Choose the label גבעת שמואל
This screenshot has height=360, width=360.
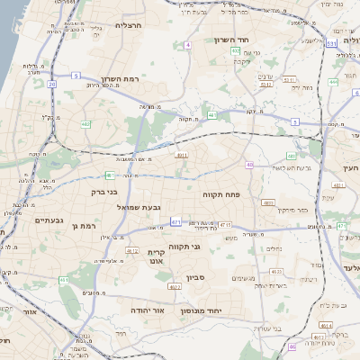[139, 207]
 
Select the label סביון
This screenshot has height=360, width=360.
[196, 277]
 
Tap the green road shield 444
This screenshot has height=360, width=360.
[332, 82]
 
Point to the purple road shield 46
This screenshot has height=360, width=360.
[292, 346]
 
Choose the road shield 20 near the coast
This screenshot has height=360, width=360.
[52, 85]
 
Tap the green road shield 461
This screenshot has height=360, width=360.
[64, 281]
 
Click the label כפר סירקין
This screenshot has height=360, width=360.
[292, 209]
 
